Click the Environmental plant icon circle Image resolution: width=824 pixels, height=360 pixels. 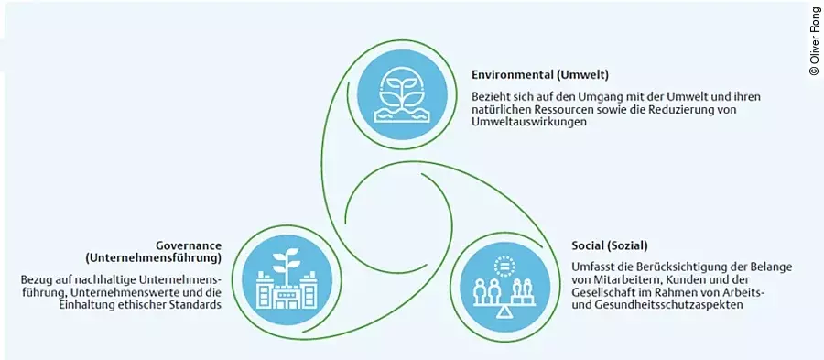(x=402, y=91)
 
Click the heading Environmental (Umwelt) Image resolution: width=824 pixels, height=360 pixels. (x=540, y=74)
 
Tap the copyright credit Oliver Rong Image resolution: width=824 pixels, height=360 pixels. (x=814, y=41)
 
